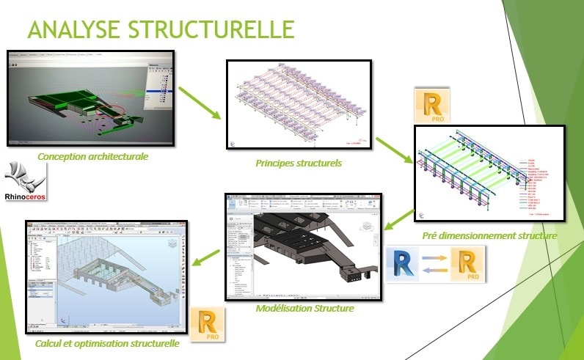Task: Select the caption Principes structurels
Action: pyautogui.click(x=299, y=163)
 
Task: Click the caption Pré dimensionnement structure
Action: pyautogui.click(x=489, y=235)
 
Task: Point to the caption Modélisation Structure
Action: pyautogui.click(x=305, y=308)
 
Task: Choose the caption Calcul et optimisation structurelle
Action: pyautogui.click(x=107, y=342)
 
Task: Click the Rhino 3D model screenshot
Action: pyautogui.click(x=90, y=98)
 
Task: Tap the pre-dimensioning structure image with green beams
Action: pyautogui.click(x=489, y=173)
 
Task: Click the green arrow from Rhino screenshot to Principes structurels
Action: pyautogui.click(x=200, y=103)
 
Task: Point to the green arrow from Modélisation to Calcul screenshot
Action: pyautogui.click(x=208, y=257)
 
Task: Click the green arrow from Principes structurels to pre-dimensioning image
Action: pyautogui.click(x=393, y=150)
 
